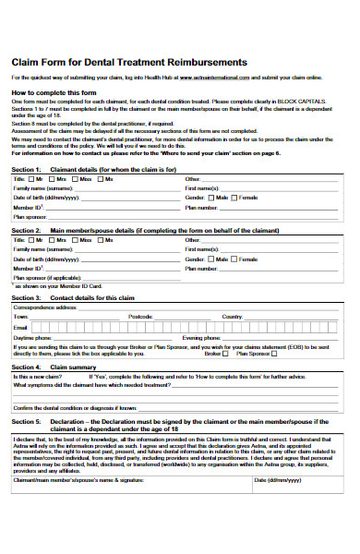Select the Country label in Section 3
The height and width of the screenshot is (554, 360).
point(232,317)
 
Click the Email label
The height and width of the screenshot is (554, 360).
point(20,328)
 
